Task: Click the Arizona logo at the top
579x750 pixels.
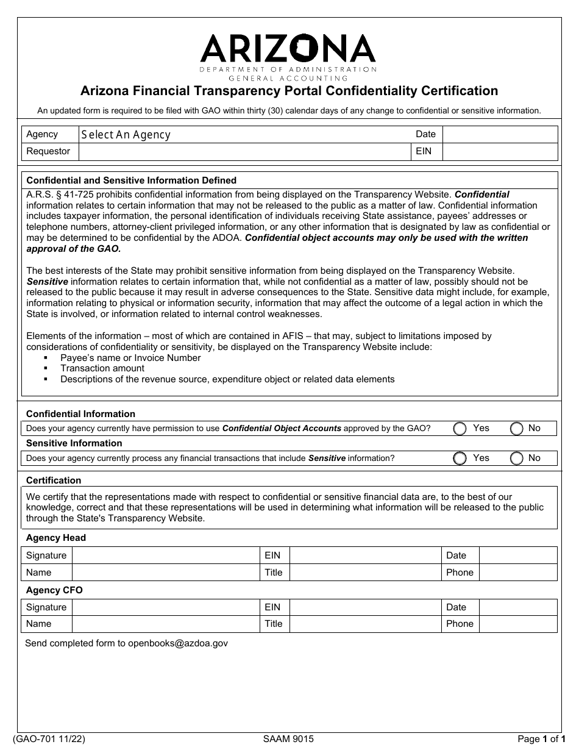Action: click(289, 55)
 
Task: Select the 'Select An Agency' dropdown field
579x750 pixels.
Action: click(244, 135)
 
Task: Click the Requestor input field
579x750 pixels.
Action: click(244, 151)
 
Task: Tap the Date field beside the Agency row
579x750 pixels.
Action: click(500, 135)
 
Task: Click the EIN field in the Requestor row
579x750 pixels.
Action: click(500, 151)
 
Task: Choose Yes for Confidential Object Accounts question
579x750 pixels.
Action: click(461, 429)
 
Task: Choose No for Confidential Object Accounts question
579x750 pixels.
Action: click(516, 429)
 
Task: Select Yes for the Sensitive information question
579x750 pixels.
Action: click(461, 458)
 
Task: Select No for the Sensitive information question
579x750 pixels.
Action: click(516, 458)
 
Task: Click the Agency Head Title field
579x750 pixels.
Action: click(365, 573)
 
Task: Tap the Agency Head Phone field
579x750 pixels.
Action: click(518, 573)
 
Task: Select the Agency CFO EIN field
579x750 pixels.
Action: click(365, 607)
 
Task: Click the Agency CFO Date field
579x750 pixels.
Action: click(518, 607)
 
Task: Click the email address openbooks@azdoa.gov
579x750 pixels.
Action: click(178, 643)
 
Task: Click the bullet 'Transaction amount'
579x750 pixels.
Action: click(102, 368)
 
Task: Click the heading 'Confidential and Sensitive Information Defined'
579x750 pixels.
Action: click(131, 180)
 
